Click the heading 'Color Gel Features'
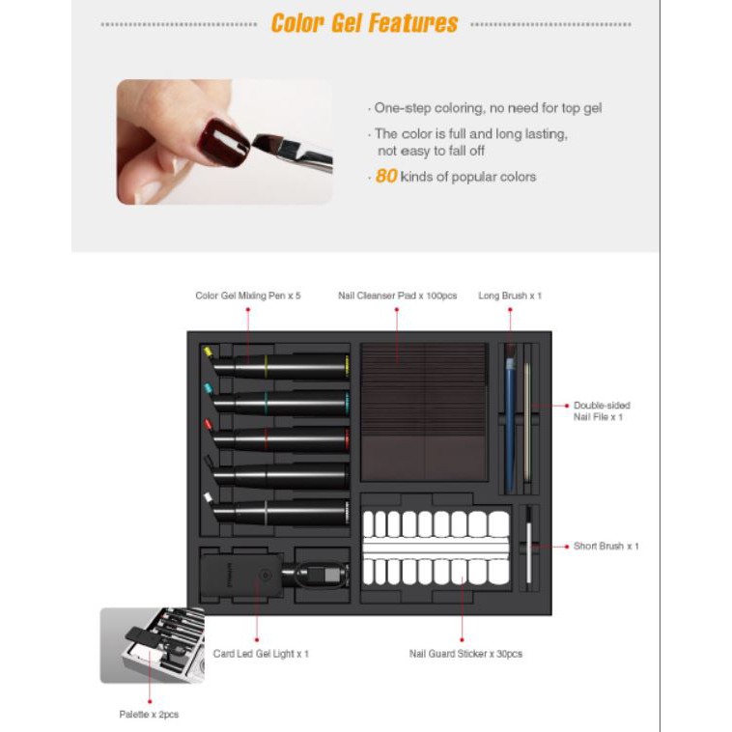point(364,23)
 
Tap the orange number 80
point(386,176)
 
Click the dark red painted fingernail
point(223,142)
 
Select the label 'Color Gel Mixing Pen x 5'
point(248,296)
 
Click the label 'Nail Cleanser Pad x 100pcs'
point(397,296)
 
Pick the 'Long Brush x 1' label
point(510,296)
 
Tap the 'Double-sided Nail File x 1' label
point(602,410)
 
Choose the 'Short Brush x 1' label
point(605,546)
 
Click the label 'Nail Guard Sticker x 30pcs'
point(465,654)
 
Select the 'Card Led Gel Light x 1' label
point(261,654)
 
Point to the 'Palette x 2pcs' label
point(149,715)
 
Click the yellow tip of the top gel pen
point(208,352)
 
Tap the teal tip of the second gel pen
point(209,388)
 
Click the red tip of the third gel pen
point(209,424)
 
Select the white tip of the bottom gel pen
point(209,497)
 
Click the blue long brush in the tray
point(510,418)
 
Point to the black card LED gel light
point(241,576)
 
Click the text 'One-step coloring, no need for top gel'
point(488,108)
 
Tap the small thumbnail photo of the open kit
point(153,645)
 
